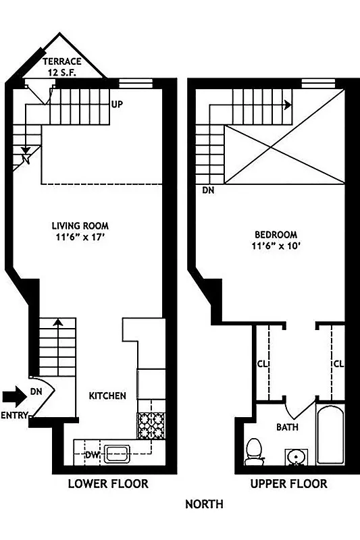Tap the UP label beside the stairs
[117, 105]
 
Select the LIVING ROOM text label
[80, 225]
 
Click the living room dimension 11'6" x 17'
[80, 237]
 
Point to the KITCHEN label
[107, 396]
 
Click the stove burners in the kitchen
[151, 426]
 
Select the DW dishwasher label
[92, 455]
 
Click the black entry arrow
[13, 395]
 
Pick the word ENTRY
[14, 416]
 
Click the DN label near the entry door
[36, 391]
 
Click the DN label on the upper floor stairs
[208, 191]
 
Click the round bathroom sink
[295, 458]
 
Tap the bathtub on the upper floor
[330, 435]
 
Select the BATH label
[288, 427]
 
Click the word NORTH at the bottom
[204, 504]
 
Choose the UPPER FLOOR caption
[288, 484]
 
